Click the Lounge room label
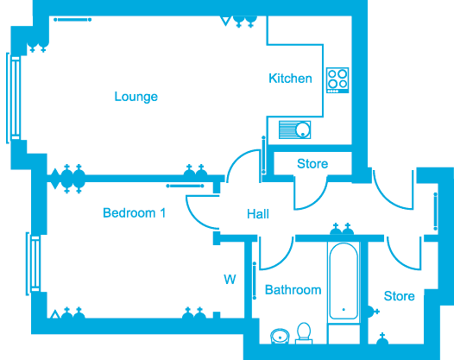pos(136,97)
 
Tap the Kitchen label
pos(290,79)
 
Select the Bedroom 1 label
pos(135,213)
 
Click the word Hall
pos(258,214)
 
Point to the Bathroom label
pos(293,290)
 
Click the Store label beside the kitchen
pos(312,164)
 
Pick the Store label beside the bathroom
pos(399,296)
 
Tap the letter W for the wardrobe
pos(230,280)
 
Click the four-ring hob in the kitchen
pos(337,80)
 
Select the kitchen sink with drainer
pos(294,129)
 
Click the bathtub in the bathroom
pos(344,281)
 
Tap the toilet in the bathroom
pos(304,333)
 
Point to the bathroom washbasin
pos(280,336)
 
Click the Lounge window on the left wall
pos(14,98)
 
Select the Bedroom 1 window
pos(34,263)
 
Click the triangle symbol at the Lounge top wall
pos(225,21)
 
